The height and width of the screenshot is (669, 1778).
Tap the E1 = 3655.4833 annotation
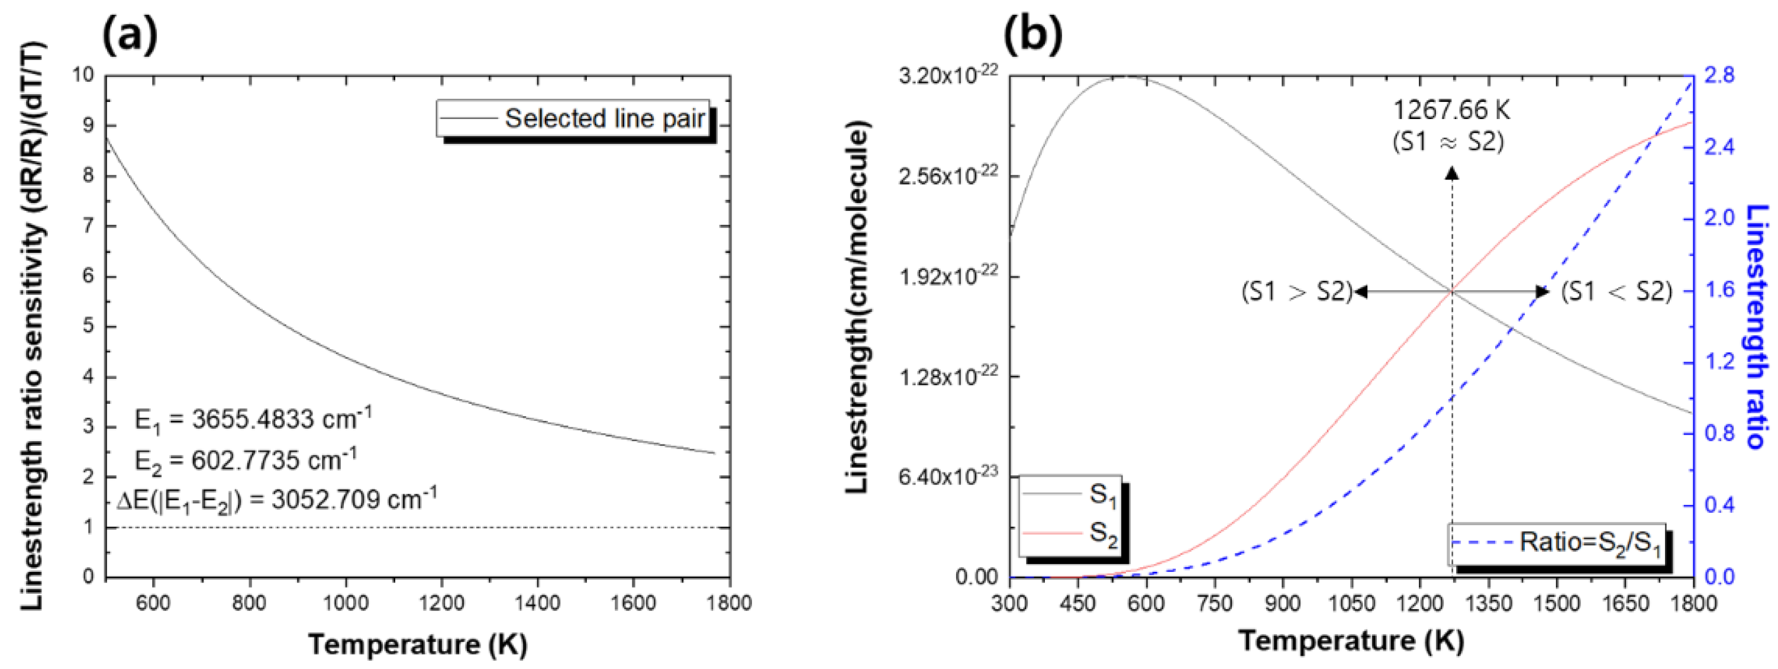[x=253, y=419]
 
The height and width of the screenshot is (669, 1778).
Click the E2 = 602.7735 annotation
[x=246, y=459]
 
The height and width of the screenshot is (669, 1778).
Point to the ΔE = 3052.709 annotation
[x=277, y=499]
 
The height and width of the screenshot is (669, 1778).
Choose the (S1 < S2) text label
[x=1616, y=292]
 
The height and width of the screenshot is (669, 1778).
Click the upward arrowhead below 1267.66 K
[x=1452, y=174]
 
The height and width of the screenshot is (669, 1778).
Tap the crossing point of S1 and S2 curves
[x=1452, y=291]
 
